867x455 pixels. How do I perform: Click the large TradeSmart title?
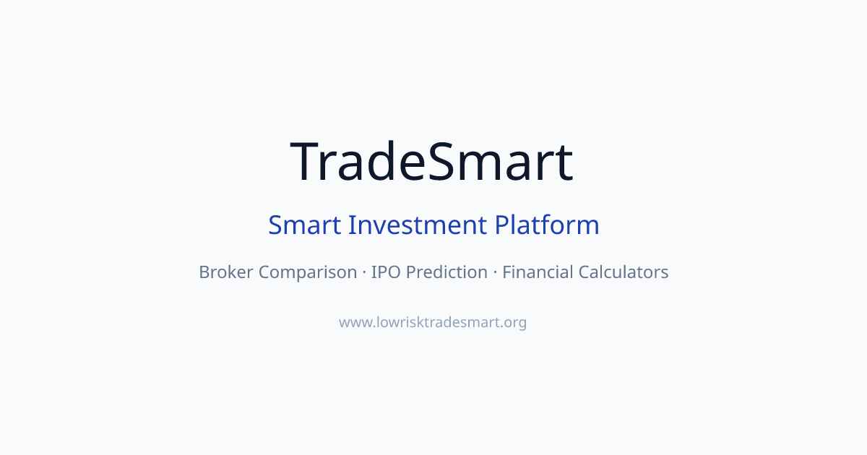[x=432, y=161]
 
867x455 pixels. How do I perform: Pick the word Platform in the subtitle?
[x=547, y=225]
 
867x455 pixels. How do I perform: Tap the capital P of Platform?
[x=501, y=225]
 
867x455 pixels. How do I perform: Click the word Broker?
[x=226, y=272]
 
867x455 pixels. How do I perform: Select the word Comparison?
[x=308, y=273]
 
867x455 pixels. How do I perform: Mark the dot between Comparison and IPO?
[x=364, y=272]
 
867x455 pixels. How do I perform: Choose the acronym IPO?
[x=386, y=272]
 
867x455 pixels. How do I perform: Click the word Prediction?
[x=447, y=272]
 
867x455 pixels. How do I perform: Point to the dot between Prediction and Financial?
[x=495, y=272]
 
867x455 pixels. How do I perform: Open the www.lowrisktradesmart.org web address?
[x=433, y=322]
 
